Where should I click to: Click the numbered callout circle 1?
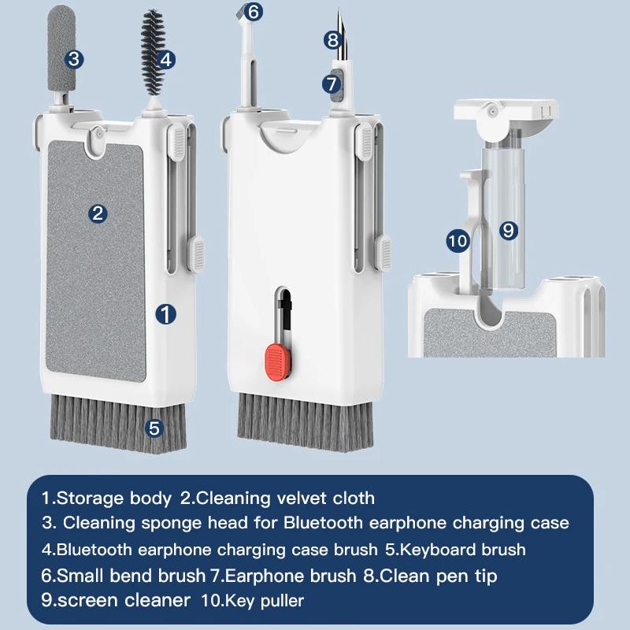tap(165, 313)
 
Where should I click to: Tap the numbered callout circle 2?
tap(98, 213)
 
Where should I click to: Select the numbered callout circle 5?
tap(154, 428)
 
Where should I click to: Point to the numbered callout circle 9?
tap(508, 230)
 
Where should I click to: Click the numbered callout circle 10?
tap(458, 241)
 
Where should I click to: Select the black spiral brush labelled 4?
tap(152, 53)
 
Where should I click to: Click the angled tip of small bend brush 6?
tap(240, 14)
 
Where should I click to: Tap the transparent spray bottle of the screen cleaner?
tap(504, 217)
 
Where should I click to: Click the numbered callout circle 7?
tap(332, 84)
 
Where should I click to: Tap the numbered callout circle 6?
tap(253, 12)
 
